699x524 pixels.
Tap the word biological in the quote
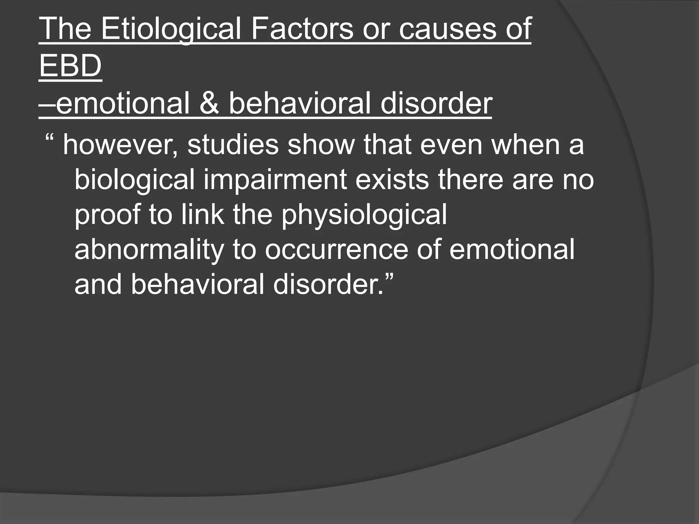click(134, 180)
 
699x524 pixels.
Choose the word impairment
click(275, 180)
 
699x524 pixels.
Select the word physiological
click(364, 216)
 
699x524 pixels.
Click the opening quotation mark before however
click(49, 139)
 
